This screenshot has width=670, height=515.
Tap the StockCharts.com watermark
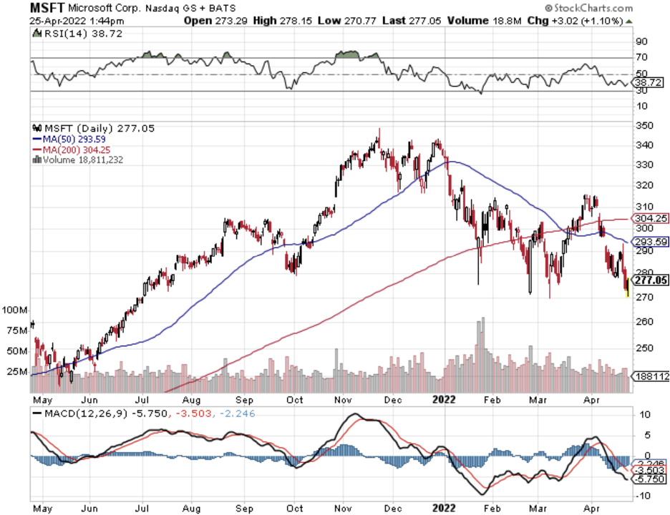click(x=595, y=9)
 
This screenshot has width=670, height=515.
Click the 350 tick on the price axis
click(x=643, y=125)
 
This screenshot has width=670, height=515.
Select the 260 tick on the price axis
click(x=643, y=322)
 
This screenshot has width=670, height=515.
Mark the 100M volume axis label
click(x=14, y=310)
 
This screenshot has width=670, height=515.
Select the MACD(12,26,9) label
click(x=79, y=414)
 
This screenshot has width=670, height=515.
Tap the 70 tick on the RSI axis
click(x=641, y=57)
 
